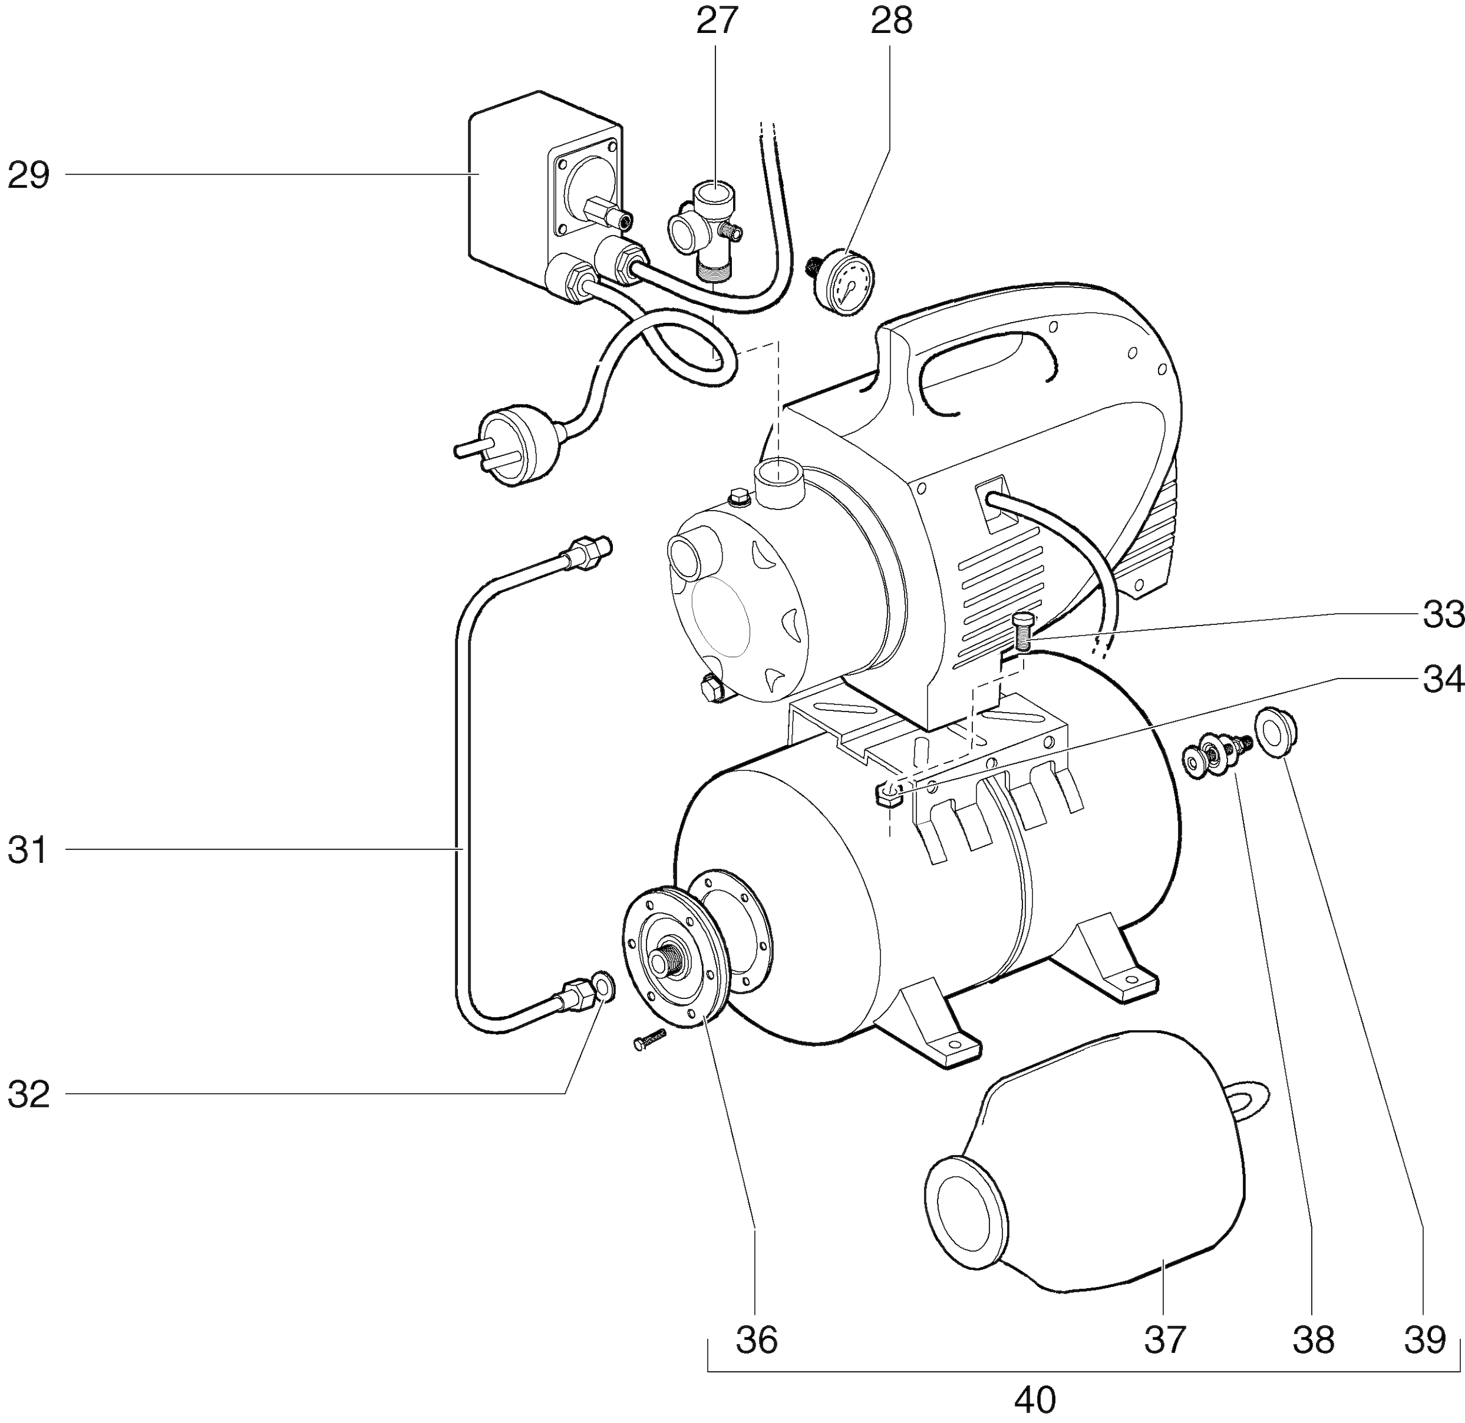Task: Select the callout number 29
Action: pyautogui.click(x=29, y=176)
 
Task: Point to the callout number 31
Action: pyautogui.click(x=29, y=851)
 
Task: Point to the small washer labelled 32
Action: pyautogui.click(x=602, y=987)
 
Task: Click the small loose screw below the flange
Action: pyautogui.click(x=649, y=1041)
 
